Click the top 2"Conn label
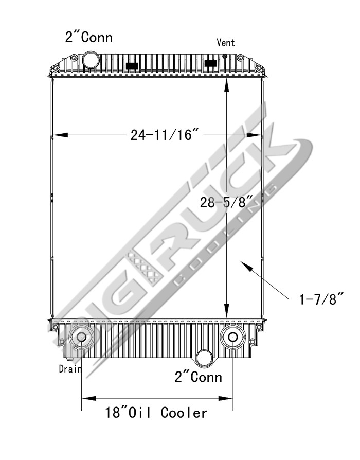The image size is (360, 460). (88, 37)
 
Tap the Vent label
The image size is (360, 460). (226, 42)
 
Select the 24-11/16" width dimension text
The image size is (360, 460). (165, 135)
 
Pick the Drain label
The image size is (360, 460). (69, 368)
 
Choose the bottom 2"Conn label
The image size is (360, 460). (199, 377)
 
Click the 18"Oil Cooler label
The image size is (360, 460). (156, 412)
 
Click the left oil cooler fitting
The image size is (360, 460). (81, 337)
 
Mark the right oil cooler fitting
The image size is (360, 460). (232, 337)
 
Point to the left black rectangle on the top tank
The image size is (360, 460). (132, 66)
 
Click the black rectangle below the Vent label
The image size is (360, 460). (210, 63)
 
